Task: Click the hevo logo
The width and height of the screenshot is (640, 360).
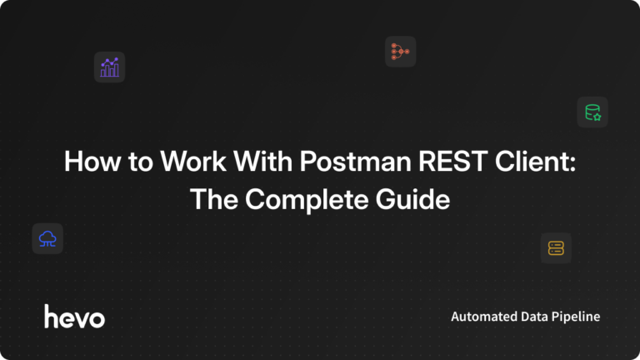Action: click(x=74, y=316)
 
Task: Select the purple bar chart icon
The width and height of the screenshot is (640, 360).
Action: click(x=109, y=67)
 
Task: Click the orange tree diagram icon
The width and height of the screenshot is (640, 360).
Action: click(x=400, y=52)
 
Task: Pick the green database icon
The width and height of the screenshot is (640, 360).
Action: click(x=592, y=112)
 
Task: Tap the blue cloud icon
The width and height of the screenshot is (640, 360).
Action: click(x=47, y=238)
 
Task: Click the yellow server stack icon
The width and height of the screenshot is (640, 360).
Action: click(x=556, y=247)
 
